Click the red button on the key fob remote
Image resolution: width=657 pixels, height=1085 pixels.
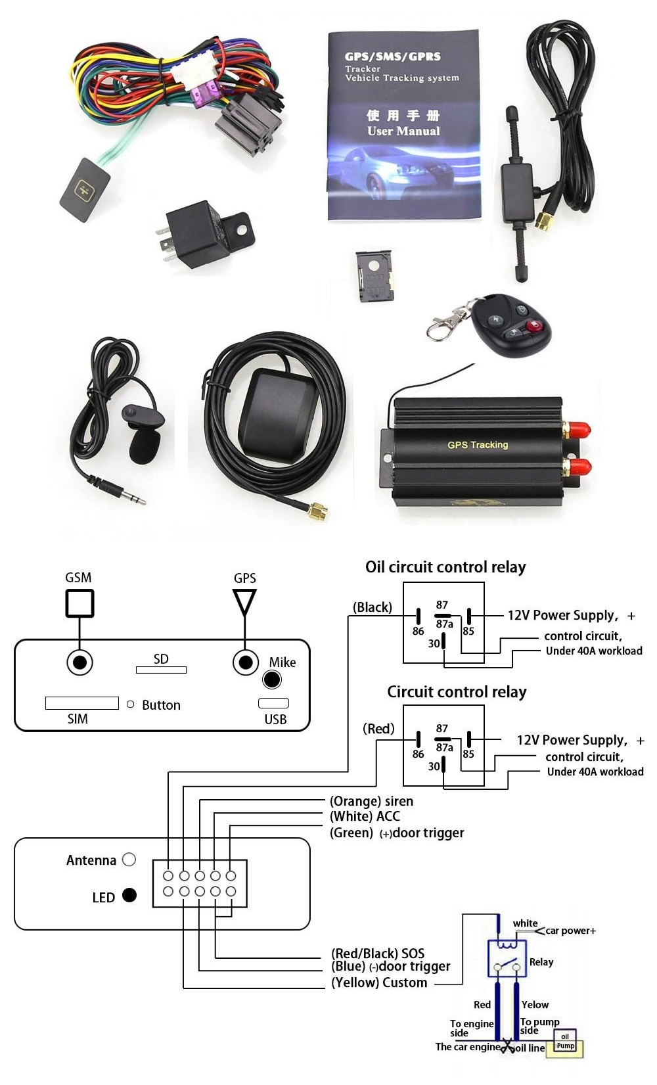coord(535,325)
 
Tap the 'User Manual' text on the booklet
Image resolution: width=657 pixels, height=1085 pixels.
coord(403,131)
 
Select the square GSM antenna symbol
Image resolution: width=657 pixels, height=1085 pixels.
coord(79,603)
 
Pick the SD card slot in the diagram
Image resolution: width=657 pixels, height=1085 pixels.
coord(161,670)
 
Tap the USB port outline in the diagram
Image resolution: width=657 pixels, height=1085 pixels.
coord(273,703)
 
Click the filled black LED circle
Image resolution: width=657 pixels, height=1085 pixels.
coord(129,895)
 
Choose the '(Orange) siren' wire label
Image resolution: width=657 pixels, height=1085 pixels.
coord(371,801)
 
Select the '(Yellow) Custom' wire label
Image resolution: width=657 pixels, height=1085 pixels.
coord(379,982)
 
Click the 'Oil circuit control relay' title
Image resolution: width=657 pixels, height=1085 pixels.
coord(445,567)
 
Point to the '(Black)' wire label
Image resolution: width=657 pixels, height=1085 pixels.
coord(373,607)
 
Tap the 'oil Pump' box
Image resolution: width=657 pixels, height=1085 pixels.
coord(566,1041)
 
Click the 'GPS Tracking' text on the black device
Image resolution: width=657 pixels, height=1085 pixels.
coord(478,445)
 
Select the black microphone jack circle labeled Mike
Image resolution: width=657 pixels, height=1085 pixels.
coord(271,680)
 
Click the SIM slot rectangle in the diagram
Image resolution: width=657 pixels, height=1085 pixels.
coord(81,703)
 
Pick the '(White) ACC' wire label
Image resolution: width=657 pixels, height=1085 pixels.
coord(365,816)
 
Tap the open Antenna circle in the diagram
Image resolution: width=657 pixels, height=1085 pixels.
coord(129,860)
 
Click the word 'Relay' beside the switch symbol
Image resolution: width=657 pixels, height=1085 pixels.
coord(541,962)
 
